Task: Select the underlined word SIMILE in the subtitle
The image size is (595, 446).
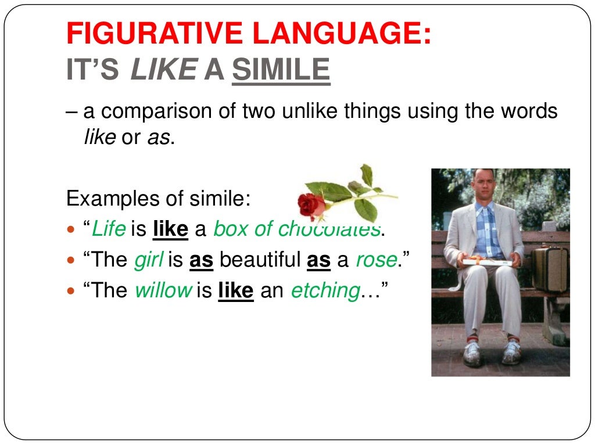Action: pos(281,71)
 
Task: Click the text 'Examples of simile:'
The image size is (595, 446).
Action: pos(158,199)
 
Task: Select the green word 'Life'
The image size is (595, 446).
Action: pos(109,229)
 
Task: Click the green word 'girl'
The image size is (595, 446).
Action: pos(149,260)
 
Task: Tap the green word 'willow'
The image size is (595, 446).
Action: pos(163,290)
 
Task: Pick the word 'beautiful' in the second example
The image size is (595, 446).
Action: pos(260,260)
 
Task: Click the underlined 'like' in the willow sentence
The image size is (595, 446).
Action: pos(235,290)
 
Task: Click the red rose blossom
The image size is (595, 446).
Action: pos(312,205)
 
